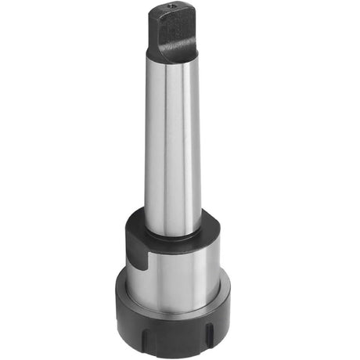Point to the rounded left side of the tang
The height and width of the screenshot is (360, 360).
153,35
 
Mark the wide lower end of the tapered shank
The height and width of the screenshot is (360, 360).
173,223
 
